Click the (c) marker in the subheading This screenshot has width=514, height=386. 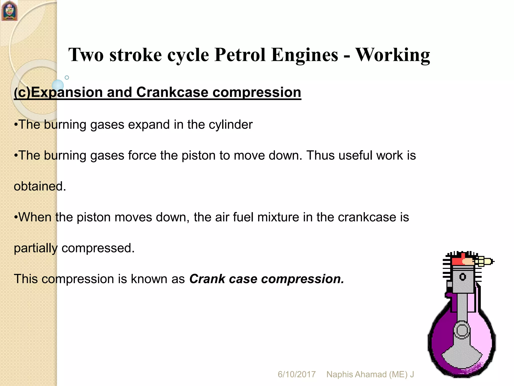(x=22, y=92)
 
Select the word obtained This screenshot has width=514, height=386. (x=40, y=186)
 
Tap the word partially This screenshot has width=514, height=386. (x=36, y=248)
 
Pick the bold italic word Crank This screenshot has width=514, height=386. (x=207, y=279)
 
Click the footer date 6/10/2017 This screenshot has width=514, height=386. (x=296, y=374)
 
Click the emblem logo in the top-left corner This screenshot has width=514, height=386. (x=9, y=11)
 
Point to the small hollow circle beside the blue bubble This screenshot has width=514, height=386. (x=67, y=78)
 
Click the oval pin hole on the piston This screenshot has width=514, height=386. (x=463, y=277)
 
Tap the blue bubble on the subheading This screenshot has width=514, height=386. (x=58, y=85)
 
